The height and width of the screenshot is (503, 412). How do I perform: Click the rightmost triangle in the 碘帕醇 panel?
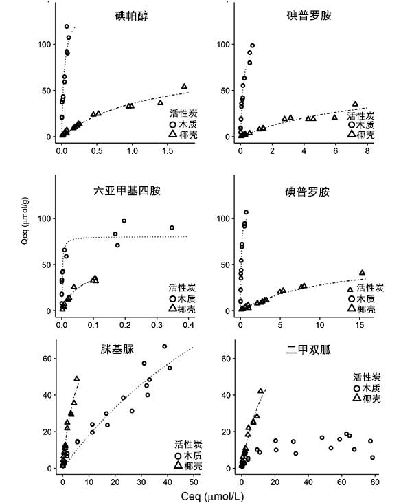point(184,87)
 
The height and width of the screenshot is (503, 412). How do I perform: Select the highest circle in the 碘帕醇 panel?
point(67,27)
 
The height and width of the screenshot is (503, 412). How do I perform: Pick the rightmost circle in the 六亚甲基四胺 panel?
point(172,227)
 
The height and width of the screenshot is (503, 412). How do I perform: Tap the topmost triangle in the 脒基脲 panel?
point(77,379)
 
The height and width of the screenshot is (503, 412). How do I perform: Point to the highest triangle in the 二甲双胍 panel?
point(260,390)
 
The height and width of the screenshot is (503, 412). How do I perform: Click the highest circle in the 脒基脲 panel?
point(164,346)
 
